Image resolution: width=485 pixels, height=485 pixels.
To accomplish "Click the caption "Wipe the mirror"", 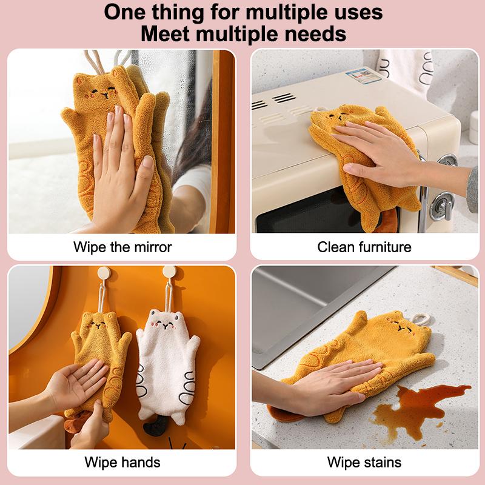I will [122, 247].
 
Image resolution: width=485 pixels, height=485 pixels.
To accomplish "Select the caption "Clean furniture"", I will [364, 247].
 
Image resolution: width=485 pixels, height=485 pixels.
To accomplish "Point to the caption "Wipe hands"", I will [122, 463].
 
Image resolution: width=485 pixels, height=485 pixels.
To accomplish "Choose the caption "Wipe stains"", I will [364, 463].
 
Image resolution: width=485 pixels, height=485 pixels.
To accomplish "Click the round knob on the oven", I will [442, 204].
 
